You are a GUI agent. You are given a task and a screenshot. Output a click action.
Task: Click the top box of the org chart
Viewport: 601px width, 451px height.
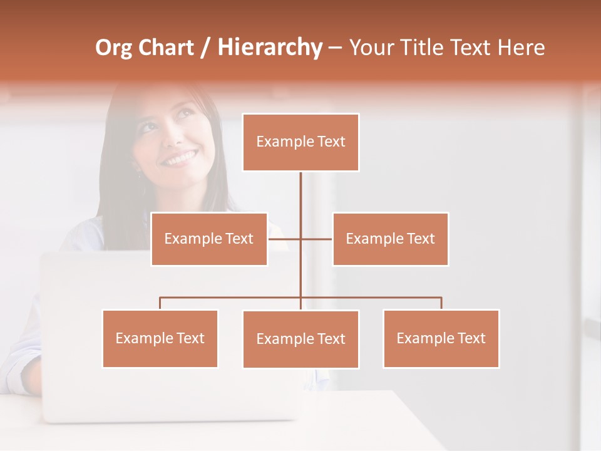pyautogui.click(x=300, y=142)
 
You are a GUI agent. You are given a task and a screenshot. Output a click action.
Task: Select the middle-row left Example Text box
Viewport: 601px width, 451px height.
pyautogui.click(x=209, y=239)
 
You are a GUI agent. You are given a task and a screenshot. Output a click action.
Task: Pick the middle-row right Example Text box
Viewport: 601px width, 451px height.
pyautogui.click(x=390, y=239)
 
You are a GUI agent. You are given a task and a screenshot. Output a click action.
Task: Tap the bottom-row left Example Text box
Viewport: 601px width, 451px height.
pyautogui.click(x=160, y=338)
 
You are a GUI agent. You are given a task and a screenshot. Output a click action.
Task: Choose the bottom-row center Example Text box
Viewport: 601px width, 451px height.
pyautogui.click(x=300, y=339)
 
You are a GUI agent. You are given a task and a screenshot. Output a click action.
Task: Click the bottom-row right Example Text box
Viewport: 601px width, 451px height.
pyautogui.click(x=441, y=338)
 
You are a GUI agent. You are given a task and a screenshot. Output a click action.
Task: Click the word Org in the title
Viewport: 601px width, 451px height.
pyautogui.click(x=113, y=48)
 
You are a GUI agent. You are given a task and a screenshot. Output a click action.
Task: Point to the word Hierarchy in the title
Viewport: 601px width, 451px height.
pyautogui.click(x=270, y=48)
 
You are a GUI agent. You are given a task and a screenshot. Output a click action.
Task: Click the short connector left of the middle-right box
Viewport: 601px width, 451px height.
pyautogui.click(x=317, y=239)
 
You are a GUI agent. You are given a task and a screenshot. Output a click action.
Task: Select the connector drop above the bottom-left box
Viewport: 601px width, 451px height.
pyautogui.click(x=160, y=303)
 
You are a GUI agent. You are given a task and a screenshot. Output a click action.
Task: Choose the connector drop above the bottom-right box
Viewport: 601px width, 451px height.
pyautogui.click(x=441, y=303)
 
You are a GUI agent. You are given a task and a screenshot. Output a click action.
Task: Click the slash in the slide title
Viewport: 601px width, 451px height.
pyautogui.click(x=205, y=48)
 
